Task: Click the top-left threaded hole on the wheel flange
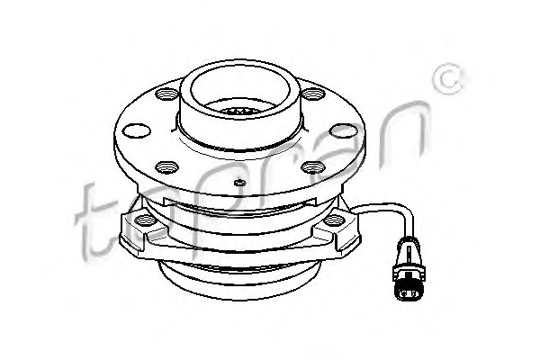tap(167, 94)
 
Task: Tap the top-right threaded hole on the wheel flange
tap(313, 94)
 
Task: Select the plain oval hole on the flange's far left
tap(137, 130)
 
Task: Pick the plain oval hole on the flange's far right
tap(343, 130)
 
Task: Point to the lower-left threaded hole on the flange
tap(167, 167)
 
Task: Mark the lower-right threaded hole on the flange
tap(313, 167)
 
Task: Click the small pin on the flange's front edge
tap(239, 182)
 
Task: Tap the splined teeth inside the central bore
tap(240, 111)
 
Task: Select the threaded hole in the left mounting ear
tap(145, 220)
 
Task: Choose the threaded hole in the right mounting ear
tap(335, 220)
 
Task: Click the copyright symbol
tap(448, 79)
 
